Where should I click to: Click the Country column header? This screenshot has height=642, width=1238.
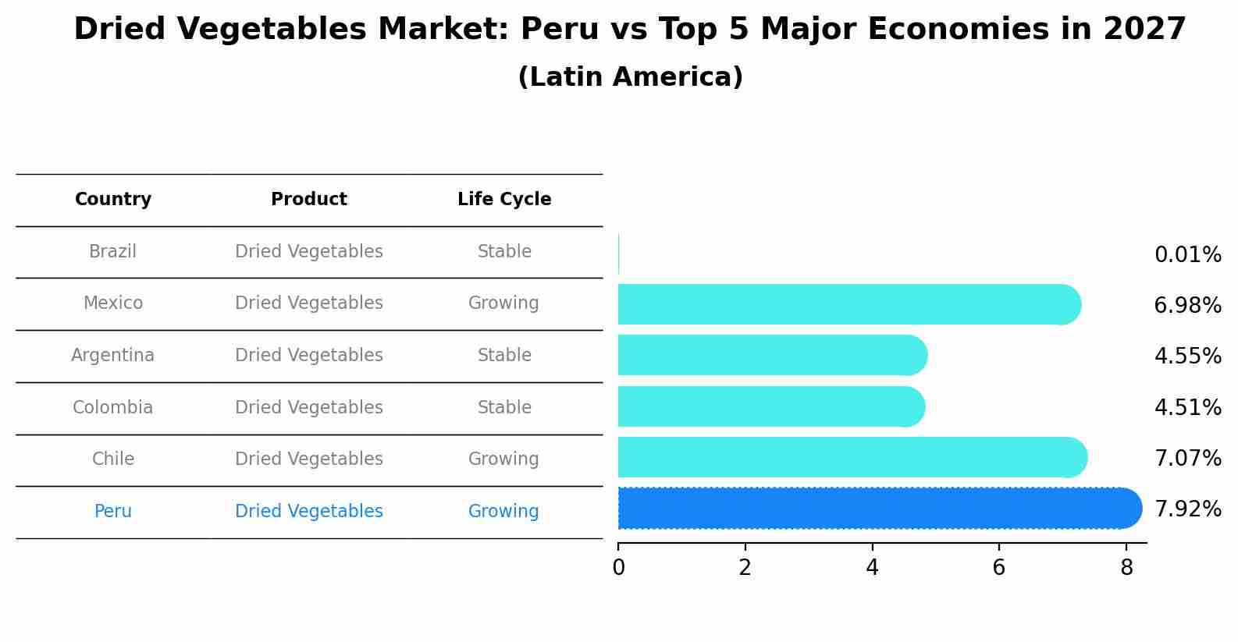113,200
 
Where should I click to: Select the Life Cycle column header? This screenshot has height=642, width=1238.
504,200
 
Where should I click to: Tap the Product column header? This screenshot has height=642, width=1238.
309,200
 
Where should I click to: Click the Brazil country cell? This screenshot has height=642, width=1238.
113,252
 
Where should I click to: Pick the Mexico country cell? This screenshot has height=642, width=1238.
113,303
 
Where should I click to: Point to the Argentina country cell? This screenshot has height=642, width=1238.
113,356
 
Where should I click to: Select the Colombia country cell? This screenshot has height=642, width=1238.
113,408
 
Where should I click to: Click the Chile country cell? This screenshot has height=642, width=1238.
113,459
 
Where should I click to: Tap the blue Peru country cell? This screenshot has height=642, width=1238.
113,512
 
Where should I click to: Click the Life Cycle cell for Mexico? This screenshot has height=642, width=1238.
503,303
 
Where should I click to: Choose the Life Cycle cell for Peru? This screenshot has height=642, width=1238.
503,512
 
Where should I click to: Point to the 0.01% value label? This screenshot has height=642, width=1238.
1187,255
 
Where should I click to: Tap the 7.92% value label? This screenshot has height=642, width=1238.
1187,509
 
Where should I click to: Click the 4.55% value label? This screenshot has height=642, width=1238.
1187,356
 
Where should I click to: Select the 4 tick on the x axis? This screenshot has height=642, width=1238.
872,567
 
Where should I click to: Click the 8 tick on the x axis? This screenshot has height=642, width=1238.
1126,567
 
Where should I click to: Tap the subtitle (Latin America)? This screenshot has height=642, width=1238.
630,77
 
